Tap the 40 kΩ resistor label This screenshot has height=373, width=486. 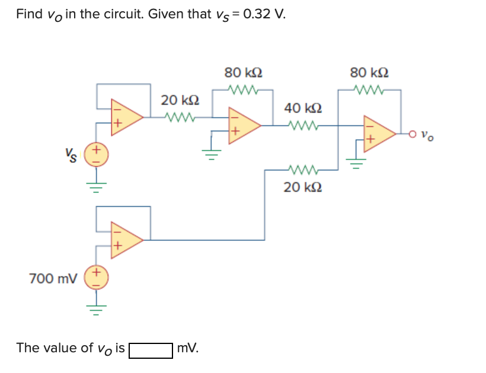pos(303,108)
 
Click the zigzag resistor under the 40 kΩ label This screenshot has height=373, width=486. pos(303,125)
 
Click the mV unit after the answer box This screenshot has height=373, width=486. pos(188,348)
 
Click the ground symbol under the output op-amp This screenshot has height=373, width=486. pos(356,162)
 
